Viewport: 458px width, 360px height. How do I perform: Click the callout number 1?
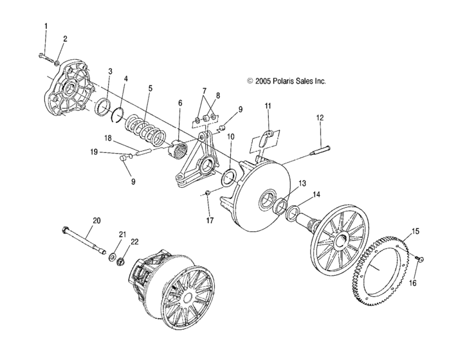coord(46,26)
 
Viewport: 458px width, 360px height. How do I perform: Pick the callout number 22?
coord(134,242)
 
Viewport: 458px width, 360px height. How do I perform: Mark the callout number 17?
coord(210,221)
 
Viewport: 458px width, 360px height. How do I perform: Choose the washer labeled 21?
coord(112,258)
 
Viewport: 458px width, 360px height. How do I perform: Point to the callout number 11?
coord(268,105)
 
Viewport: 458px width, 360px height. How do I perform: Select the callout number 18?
coord(108,138)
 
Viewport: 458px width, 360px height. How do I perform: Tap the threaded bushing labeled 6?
coord(178,148)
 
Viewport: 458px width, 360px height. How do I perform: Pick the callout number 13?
coord(302,183)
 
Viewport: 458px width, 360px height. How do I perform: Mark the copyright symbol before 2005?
coord(250,81)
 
